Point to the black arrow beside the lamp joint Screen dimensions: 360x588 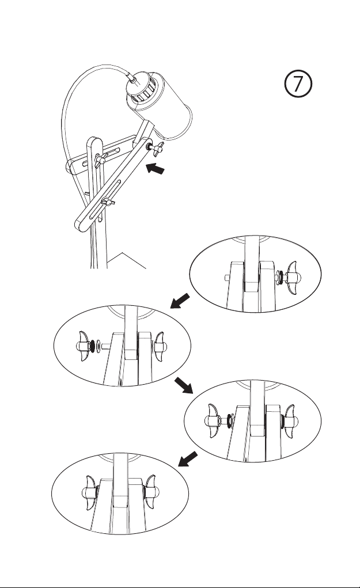click(156, 168)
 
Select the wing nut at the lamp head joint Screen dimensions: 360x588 click(157, 148)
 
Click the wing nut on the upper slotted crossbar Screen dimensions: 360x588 click(100, 160)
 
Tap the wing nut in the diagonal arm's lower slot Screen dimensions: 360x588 click(108, 202)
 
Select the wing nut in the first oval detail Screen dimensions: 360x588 click(291, 278)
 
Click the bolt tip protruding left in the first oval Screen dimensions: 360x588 click(228, 278)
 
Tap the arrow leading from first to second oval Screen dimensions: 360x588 click(180, 301)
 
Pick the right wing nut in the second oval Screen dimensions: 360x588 click(160, 346)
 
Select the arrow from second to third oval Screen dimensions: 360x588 click(184, 385)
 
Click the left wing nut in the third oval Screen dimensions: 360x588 click(214, 421)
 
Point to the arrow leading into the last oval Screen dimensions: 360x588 click(188, 459)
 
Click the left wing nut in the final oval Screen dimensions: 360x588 click(90, 493)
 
